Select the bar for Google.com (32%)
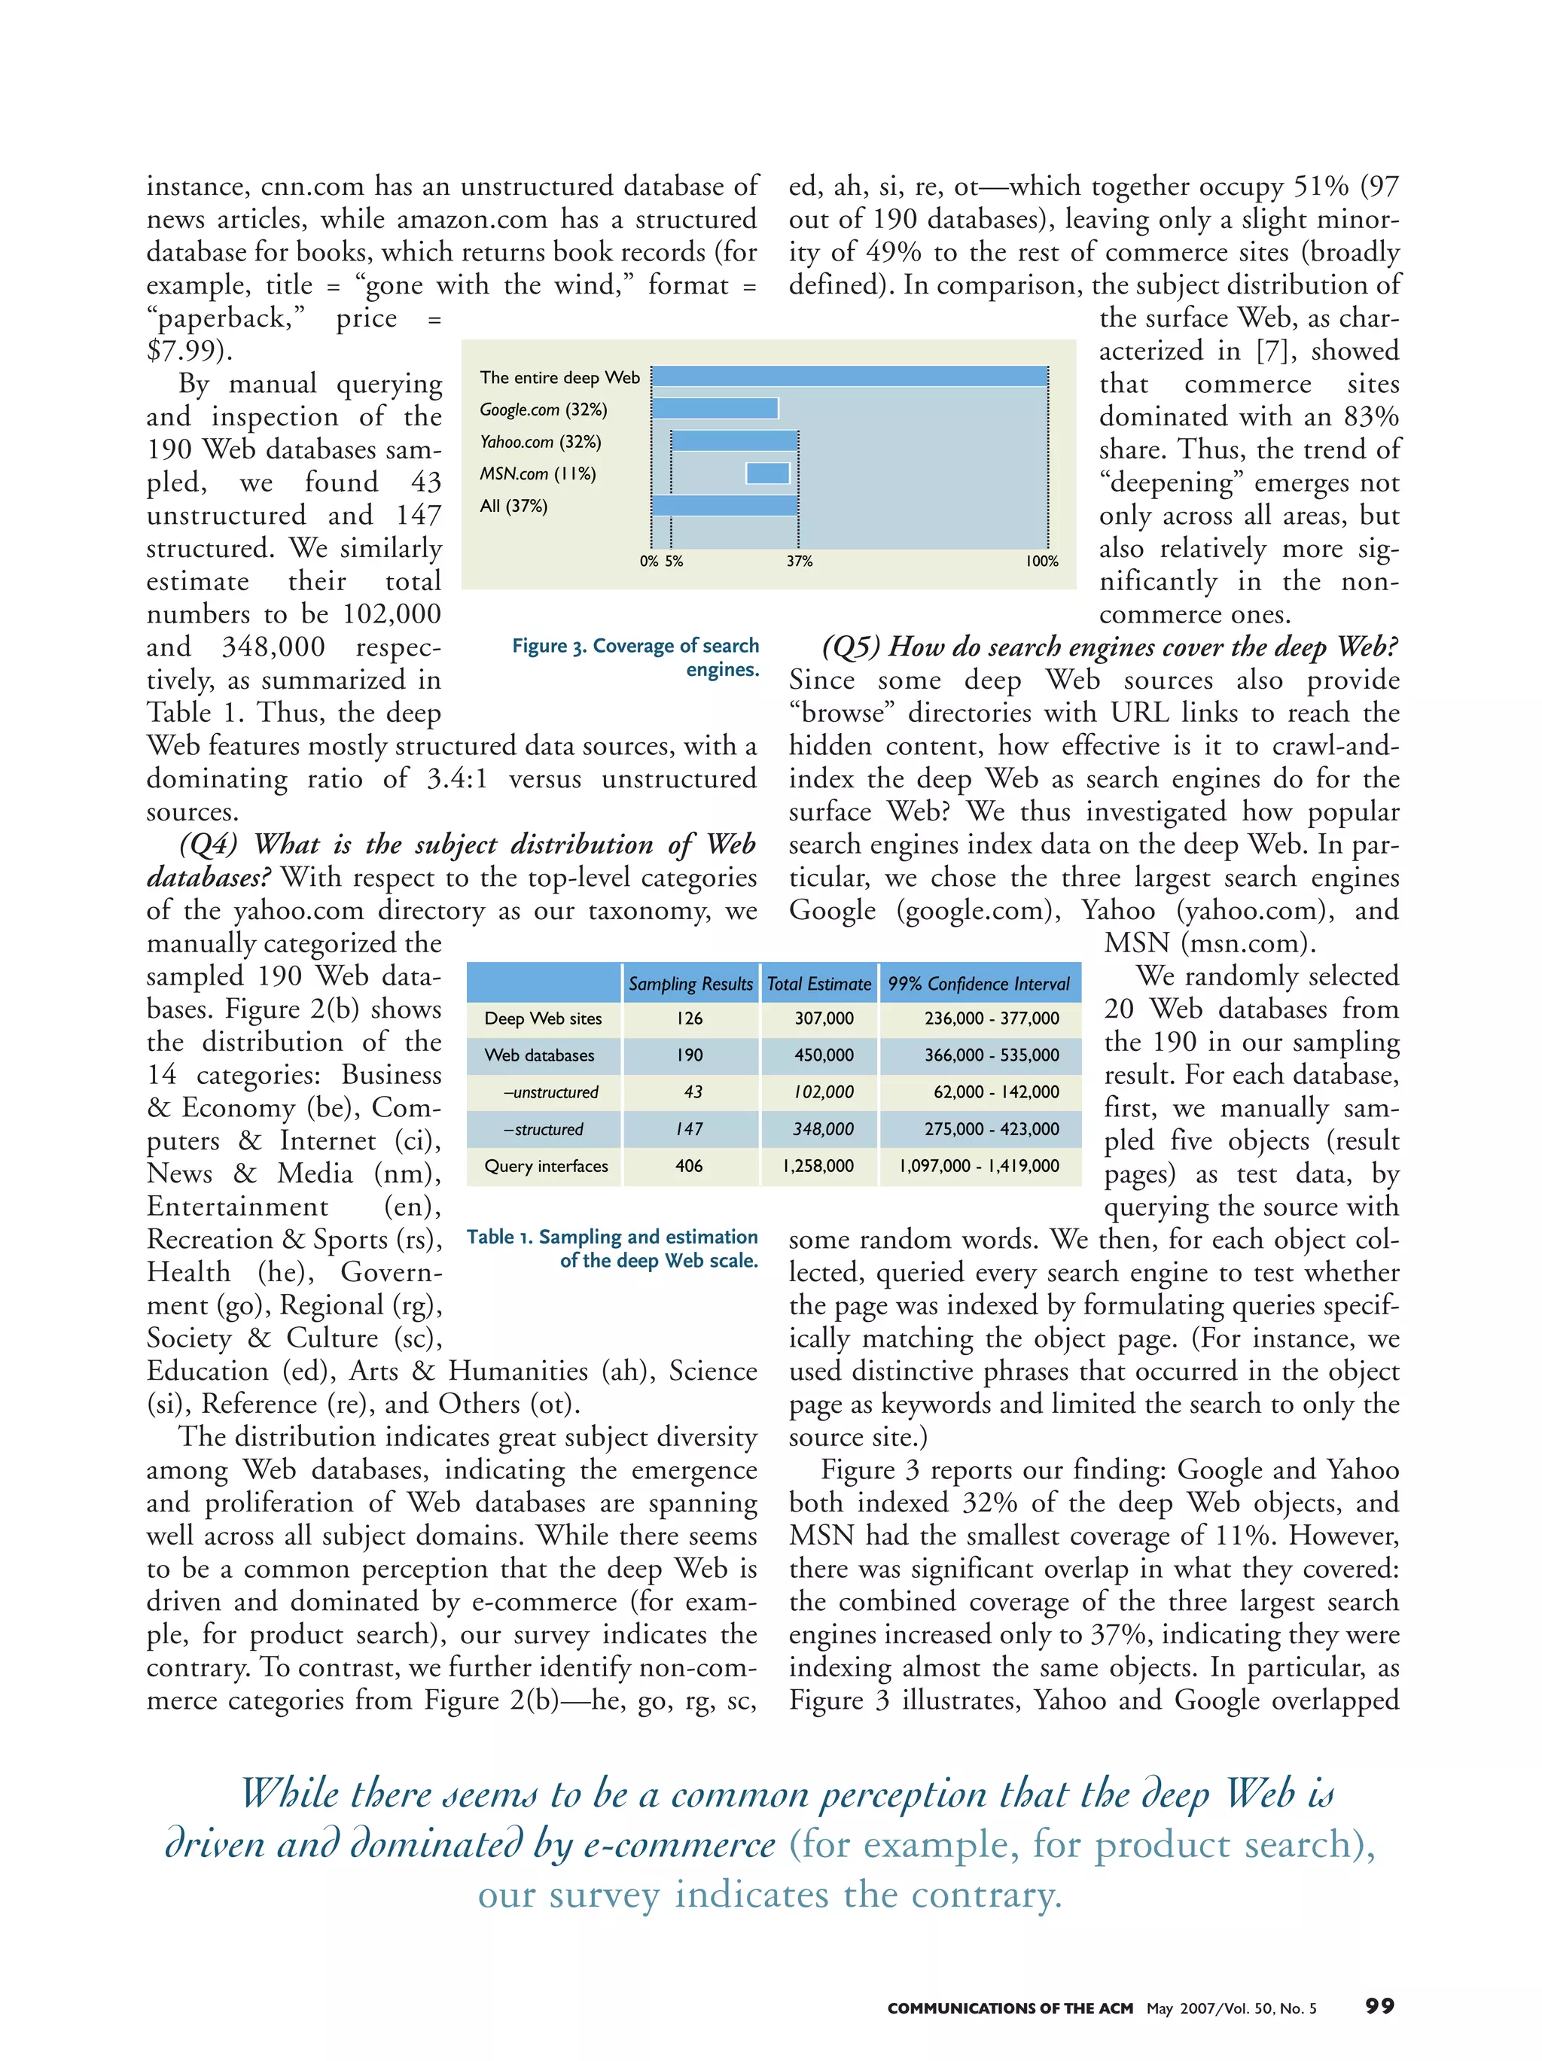[x=715, y=408]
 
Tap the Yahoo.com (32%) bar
[x=734, y=440]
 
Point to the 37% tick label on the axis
[x=799, y=561]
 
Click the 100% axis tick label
[x=1041, y=561]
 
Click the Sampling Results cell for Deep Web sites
[x=690, y=1018]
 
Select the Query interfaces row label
[x=546, y=1165]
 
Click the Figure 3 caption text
[x=635, y=657]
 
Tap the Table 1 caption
[x=612, y=1249]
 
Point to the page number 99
[x=1379, y=2006]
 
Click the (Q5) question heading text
[x=1109, y=647]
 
